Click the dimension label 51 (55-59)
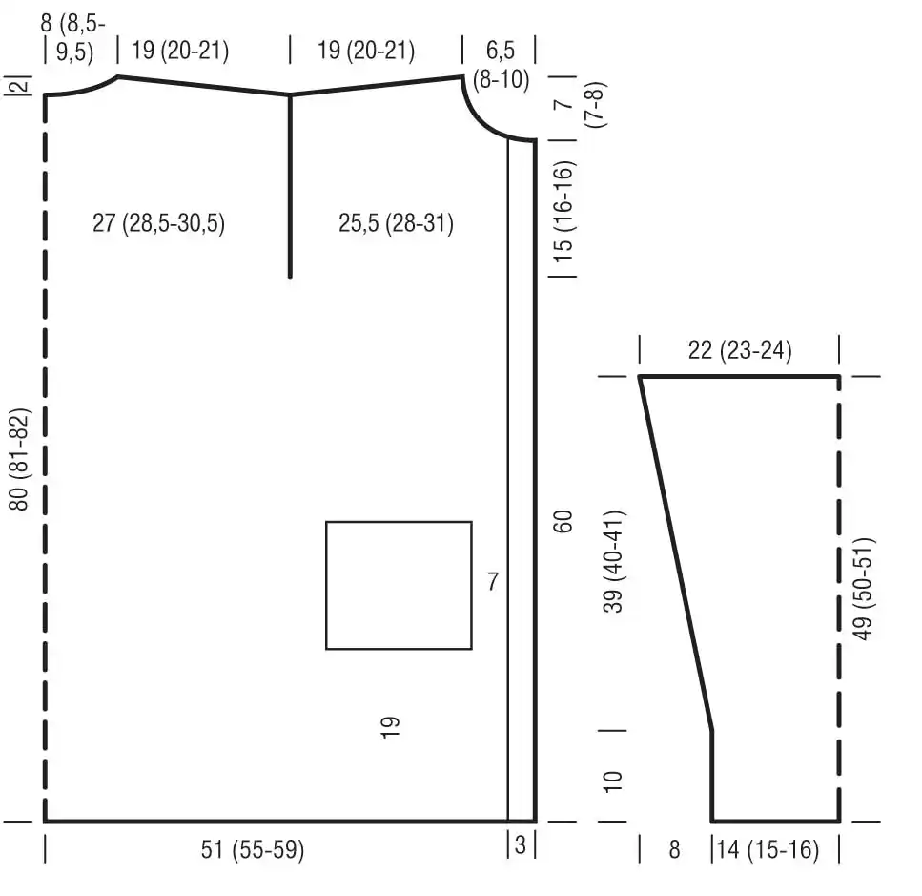[253, 849]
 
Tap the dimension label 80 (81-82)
[19, 460]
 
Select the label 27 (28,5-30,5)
[159, 223]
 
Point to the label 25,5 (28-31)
[396, 223]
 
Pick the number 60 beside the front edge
[563, 521]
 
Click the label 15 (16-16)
[563, 212]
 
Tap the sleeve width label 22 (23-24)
[740, 350]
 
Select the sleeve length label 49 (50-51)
[863, 589]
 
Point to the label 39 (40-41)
[613, 561]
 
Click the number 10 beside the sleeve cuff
[613, 781]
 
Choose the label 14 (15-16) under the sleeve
[767, 849]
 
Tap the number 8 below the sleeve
[674, 849]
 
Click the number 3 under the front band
[520, 844]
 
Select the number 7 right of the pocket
[493, 581]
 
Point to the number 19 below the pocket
[390, 727]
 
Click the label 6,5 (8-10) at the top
[501, 65]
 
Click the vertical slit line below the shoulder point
[290, 186]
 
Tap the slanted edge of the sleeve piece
[676, 553]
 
